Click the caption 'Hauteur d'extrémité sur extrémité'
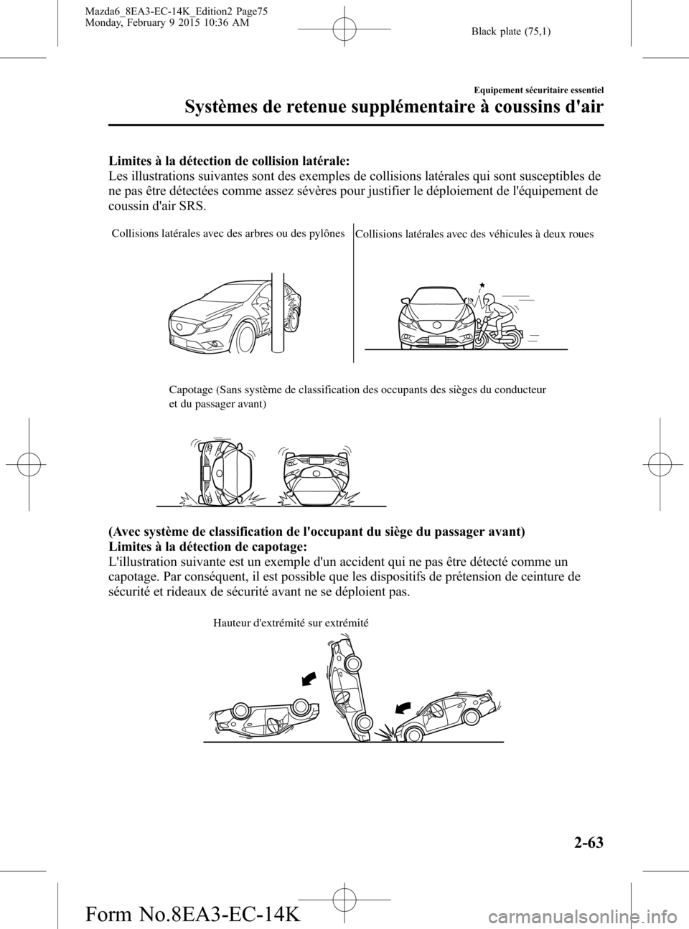click(x=291, y=623)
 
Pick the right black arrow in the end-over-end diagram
click(x=404, y=707)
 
